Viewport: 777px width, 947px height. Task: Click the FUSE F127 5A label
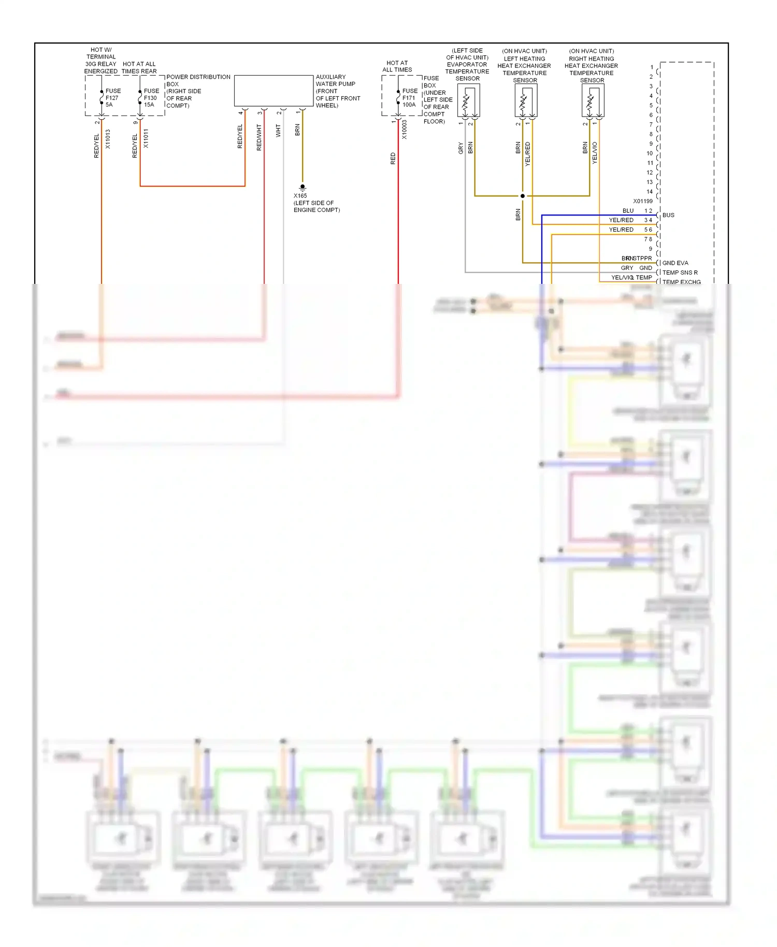112,97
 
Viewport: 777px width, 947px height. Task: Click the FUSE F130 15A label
151,97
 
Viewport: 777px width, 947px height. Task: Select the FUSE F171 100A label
409,97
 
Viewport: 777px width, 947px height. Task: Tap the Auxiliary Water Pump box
274,91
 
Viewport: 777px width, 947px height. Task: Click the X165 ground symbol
303,187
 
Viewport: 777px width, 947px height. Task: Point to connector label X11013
108,139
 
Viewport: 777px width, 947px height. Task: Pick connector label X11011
146,139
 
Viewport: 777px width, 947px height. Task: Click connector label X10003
405,130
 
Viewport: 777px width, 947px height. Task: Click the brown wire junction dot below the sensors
523,196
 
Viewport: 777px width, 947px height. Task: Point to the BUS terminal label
668,215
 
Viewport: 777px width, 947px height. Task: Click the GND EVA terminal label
675,263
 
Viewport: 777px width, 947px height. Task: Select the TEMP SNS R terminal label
680,272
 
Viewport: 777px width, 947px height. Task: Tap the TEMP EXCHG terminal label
681,282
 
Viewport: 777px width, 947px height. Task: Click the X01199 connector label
643,201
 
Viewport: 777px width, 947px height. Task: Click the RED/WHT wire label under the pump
259,138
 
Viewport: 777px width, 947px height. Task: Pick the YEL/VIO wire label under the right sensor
595,153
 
